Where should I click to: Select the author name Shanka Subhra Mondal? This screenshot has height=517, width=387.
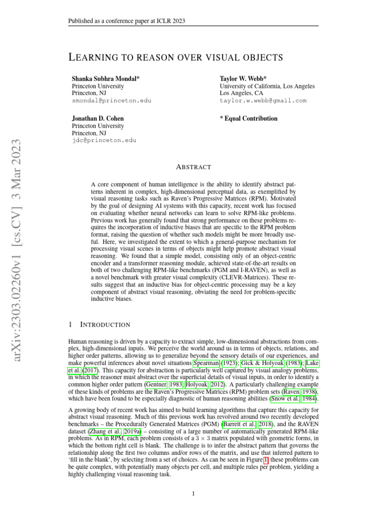(x=106, y=79)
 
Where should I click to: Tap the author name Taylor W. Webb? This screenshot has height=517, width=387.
(x=243, y=79)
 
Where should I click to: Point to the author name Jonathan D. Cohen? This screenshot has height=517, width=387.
(x=98, y=119)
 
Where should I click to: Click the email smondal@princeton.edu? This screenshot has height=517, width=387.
(x=111, y=100)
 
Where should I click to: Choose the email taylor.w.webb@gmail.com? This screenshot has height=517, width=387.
(x=263, y=100)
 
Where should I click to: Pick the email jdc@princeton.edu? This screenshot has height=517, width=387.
(x=104, y=140)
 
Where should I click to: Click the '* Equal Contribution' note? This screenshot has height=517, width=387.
(x=248, y=119)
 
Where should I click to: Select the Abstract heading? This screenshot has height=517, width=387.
(x=193, y=167)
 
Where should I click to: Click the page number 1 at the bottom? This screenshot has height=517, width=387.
(x=193, y=494)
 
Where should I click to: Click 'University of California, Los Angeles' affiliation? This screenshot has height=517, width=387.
(x=267, y=86)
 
